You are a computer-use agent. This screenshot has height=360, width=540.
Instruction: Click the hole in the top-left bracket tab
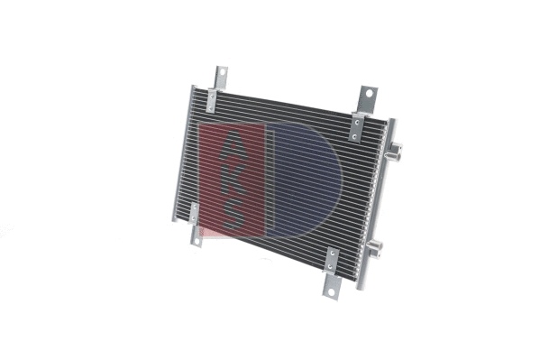point(218,74)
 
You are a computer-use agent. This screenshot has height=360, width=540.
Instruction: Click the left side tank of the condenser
point(183,153)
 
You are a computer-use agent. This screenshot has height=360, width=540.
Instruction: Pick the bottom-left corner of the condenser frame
point(171,219)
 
